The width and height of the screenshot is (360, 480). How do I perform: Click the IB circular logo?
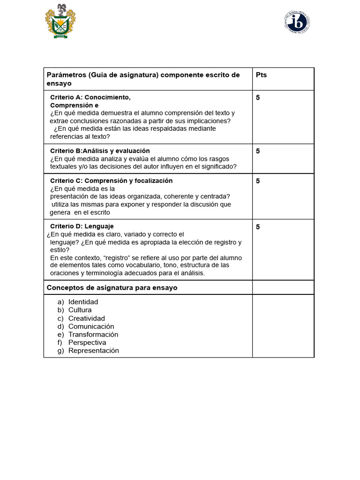297,22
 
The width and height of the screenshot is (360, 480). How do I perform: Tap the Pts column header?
261,75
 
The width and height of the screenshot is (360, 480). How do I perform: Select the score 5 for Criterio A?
258,97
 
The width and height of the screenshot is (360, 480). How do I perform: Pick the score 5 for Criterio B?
258,151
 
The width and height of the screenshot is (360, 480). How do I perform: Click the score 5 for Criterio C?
258,181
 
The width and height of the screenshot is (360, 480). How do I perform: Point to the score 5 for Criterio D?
258,227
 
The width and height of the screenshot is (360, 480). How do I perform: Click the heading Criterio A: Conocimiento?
90,97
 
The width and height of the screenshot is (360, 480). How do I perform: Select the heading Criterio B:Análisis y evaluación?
100,151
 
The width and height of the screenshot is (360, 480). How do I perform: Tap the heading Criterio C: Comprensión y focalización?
111,181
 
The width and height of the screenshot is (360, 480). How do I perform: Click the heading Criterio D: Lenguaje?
82,226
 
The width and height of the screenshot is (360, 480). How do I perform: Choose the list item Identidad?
83,302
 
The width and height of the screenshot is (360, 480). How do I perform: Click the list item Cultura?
80,310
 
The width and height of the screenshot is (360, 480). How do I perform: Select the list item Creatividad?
86,318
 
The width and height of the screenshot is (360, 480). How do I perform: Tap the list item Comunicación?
91,326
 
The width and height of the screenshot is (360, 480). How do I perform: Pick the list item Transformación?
93,335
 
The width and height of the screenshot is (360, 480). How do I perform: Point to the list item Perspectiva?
87,343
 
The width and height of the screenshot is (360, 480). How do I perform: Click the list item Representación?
93,351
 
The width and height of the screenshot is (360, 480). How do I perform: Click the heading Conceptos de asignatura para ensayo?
112,287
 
